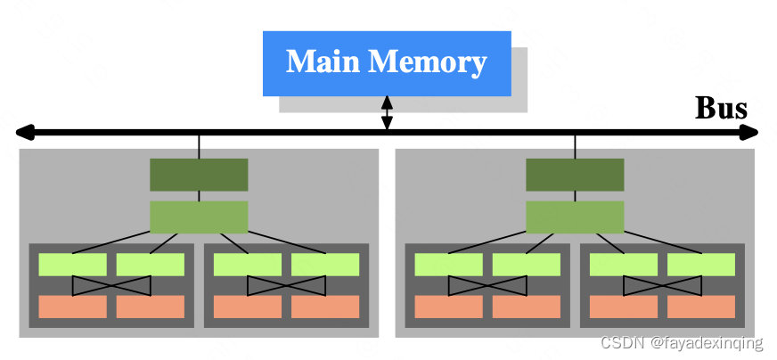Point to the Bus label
[720, 109]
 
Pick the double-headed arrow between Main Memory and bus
[387, 113]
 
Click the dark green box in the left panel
[199, 175]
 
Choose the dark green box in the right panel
[575, 175]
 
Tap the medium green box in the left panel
[199, 217]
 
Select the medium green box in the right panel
[575, 217]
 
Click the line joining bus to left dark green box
[199, 146]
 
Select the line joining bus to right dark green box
[575, 146]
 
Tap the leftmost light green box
[72, 265]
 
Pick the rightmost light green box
[701, 265]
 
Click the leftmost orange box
[72, 307]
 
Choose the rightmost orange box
[701, 307]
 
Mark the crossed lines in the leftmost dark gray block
[111, 285]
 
